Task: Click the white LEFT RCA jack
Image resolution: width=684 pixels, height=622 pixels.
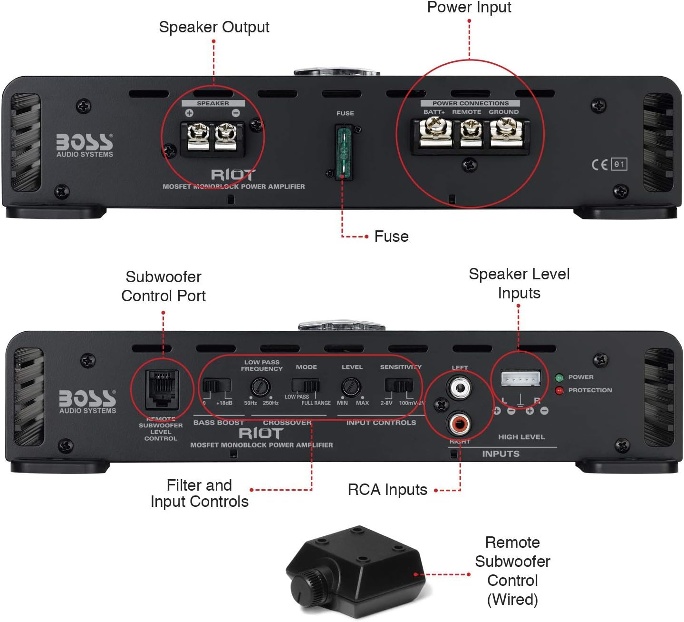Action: (x=459, y=388)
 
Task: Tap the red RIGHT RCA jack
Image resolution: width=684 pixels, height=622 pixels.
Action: (x=459, y=423)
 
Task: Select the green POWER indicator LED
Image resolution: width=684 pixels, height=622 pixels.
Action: (x=559, y=378)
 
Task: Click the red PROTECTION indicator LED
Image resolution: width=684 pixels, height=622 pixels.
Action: (x=559, y=391)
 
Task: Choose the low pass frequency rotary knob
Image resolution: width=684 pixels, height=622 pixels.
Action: (x=260, y=387)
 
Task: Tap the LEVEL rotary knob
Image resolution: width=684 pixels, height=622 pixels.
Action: (x=351, y=387)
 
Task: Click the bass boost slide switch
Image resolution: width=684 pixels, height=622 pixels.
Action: (x=217, y=385)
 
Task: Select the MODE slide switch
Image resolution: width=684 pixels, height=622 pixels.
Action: (x=305, y=385)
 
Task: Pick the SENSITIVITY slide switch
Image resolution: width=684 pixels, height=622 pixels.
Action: (x=398, y=385)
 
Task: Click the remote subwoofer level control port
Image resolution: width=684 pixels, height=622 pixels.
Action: (x=162, y=389)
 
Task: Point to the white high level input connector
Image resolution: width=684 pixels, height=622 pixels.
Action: (x=520, y=379)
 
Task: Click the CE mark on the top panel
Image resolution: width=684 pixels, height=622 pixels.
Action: (x=599, y=165)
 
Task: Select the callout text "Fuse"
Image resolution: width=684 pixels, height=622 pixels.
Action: (x=391, y=237)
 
